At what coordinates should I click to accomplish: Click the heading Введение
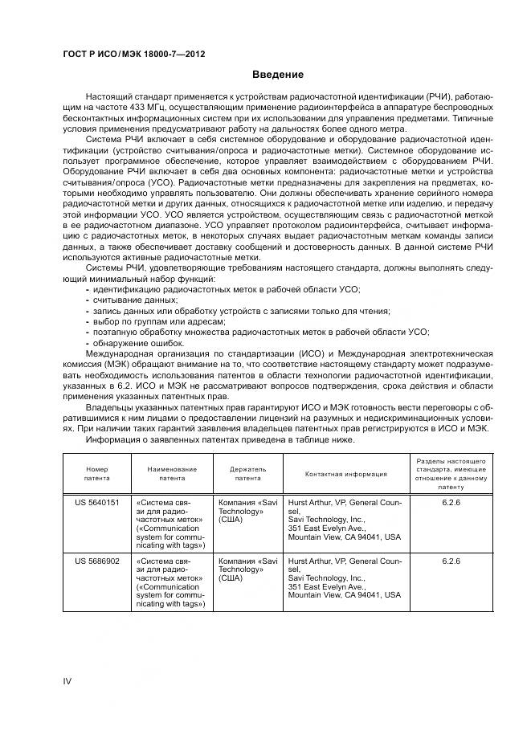[x=277, y=75]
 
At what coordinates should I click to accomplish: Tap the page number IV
[x=67, y=681]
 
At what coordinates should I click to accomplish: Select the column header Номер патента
[x=97, y=473]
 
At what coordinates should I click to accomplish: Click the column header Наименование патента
[x=171, y=473]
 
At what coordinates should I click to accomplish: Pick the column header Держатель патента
[x=247, y=473]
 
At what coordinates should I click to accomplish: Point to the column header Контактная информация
[x=346, y=474]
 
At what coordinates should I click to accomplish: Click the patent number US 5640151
[x=96, y=502]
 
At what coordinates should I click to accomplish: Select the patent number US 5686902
[x=96, y=561]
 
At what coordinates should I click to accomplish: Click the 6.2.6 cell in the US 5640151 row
[x=451, y=502]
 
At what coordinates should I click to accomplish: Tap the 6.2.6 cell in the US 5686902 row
[x=451, y=561]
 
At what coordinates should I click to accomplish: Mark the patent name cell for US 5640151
[x=171, y=524]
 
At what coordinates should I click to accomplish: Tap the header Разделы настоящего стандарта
[x=451, y=474]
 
